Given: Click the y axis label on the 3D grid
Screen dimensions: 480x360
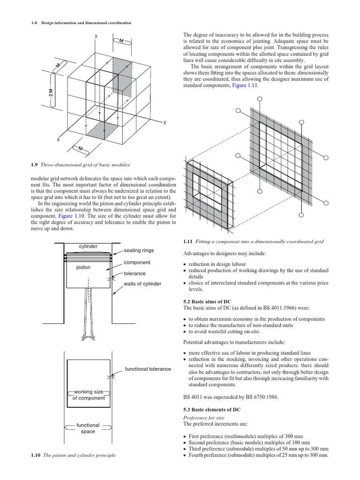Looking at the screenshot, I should (x=96, y=36).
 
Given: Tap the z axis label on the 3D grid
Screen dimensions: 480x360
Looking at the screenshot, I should (x=165, y=122).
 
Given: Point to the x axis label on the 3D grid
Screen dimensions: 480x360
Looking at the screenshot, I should (x=58, y=140).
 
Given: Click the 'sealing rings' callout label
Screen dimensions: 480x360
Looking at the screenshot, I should (x=139, y=251).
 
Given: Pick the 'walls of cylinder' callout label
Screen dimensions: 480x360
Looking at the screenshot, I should (x=142, y=284).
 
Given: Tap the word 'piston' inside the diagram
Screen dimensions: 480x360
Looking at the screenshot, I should (x=83, y=268).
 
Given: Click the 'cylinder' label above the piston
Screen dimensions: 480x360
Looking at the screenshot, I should (x=88, y=247).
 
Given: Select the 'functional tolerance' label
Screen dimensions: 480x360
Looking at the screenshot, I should (x=148, y=369).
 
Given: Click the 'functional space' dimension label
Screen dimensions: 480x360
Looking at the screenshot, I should (x=88, y=428).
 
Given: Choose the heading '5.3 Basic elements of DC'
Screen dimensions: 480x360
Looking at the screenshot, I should (x=212, y=409).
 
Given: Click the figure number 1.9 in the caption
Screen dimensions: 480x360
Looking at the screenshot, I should (x=34, y=165).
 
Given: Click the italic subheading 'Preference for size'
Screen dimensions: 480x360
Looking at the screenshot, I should (x=204, y=417).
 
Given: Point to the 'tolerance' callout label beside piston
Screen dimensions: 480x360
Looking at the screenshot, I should (x=135, y=273).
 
